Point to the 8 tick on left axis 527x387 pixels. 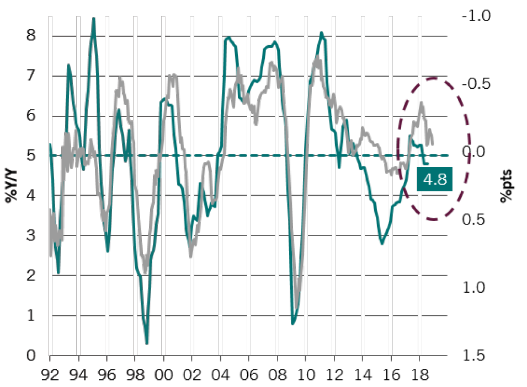coord(32,36)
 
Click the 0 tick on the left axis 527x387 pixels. coord(32,355)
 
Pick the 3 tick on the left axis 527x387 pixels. coord(32,235)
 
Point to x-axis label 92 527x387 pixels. coord(51,373)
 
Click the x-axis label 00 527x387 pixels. coord(164,373)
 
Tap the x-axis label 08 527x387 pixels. coord(277,373)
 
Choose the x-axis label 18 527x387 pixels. coord(419,373)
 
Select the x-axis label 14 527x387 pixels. coord(362,373)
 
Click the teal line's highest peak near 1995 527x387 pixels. coord(94,19)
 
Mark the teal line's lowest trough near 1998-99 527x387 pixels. coord(147,343)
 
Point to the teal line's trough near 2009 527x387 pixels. coord(292,324)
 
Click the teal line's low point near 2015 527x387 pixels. coord(382,243)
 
